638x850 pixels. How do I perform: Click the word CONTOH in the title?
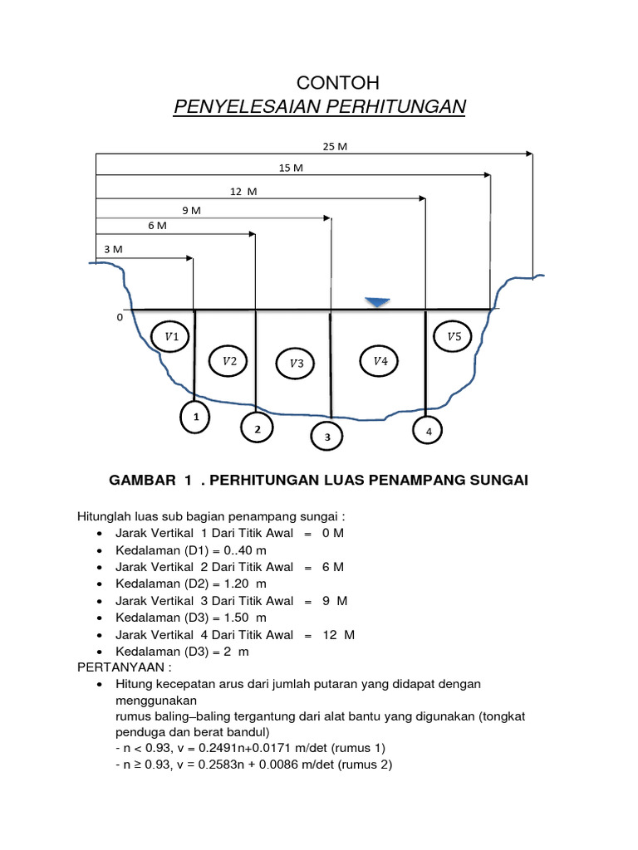point(338,83)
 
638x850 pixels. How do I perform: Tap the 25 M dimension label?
point(335,146)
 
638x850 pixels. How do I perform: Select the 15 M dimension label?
point(291,169)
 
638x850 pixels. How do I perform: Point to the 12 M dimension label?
point(243,191)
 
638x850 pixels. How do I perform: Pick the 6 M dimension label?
point(157,226)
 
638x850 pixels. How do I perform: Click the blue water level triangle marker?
point(378,302)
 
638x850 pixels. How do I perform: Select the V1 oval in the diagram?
point(173,337)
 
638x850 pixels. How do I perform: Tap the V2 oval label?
point(229,361)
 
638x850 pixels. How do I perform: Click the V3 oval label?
point(297,364)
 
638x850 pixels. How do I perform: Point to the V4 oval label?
point(380,361)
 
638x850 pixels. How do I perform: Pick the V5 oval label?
point(454,337)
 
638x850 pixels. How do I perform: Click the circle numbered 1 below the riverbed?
point(196,418)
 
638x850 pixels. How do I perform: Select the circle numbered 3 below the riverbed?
point(327,437)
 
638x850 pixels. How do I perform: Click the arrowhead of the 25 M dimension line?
point(528,154)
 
